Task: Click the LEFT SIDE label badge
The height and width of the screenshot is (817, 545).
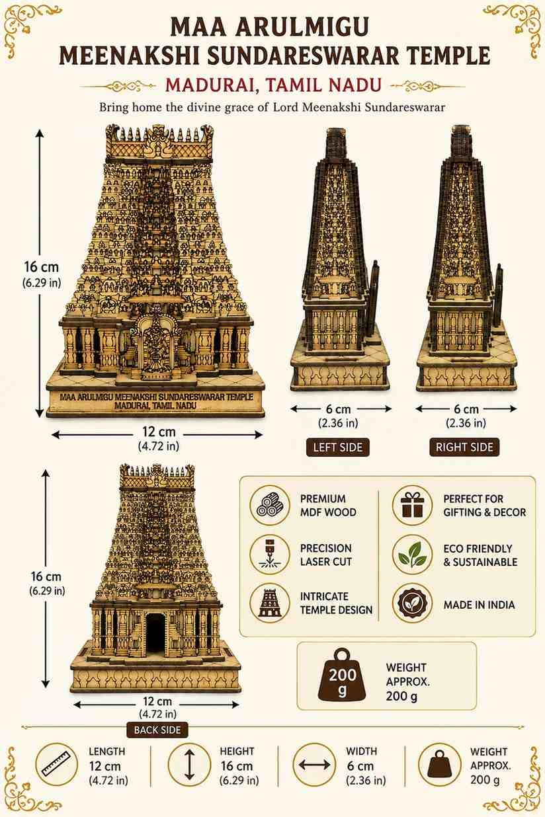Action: coord(338,447)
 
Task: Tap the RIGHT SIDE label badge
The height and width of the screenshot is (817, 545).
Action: coord(464,447)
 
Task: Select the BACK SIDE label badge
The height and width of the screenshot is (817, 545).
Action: coord(157,730)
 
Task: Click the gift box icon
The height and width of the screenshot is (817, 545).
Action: coord(412,505)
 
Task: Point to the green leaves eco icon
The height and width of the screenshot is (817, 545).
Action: coord(412,555)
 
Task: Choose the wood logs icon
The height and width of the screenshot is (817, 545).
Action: coord(270,505)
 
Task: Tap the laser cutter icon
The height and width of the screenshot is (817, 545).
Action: coord(270,555)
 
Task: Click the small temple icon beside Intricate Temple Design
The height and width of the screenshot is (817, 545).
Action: coord(270,603)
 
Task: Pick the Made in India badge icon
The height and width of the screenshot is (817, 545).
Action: coord(412,603)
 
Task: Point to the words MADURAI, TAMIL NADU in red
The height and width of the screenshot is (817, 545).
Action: coord(273,85)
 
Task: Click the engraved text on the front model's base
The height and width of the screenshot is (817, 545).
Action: coord(156,401)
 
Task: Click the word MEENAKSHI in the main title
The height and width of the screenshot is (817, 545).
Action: coord(129,56)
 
